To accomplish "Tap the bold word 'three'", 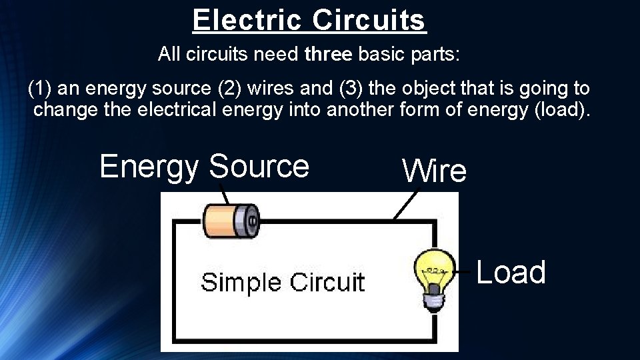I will click(x=328, y=55).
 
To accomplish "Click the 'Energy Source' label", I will click(x=204, y=166).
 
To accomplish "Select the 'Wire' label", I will click(x=434, y=171).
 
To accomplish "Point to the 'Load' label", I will click(x=511, y=272).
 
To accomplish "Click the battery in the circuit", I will click(x=230, y=221).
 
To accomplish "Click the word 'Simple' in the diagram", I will click(x=240, y=282).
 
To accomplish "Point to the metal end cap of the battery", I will click(x=251, y=220).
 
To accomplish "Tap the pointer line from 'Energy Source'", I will click(x=225, y=197).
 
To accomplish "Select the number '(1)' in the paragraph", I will click(x=40, y=88).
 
